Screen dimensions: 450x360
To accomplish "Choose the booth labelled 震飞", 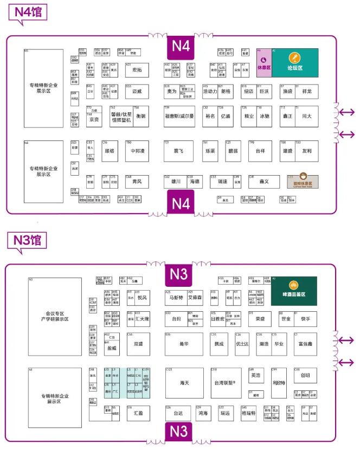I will pos(179,151).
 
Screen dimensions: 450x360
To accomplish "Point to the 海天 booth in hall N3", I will pos(184,383).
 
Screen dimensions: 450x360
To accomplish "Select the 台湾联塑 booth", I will pos(222,383).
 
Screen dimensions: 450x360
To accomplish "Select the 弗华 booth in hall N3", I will pos(184,344).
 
